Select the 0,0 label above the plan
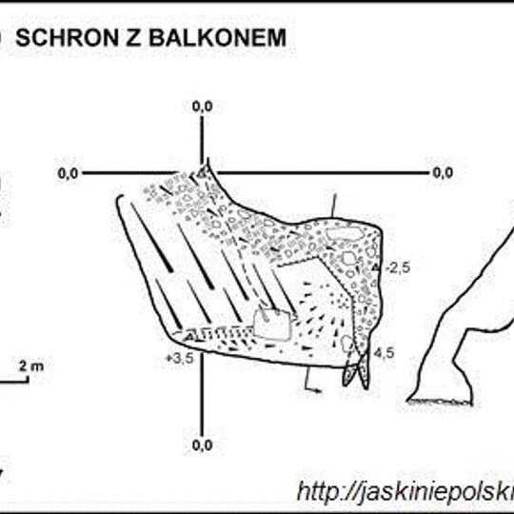(x=203, y=108)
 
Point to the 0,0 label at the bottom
(x=203, y=445)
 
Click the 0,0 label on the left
(x=68, y=173)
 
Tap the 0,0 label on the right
(x=443, y=173)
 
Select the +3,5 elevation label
(x=179, y=358)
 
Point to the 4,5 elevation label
(x=385, y=352)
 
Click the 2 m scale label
(x=31, y=365)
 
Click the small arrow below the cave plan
(x=312, y=385)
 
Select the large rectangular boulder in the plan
(x=273, y=324)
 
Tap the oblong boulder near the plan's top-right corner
(x=340, y=233)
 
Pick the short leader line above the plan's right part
(x=333, y=206)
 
